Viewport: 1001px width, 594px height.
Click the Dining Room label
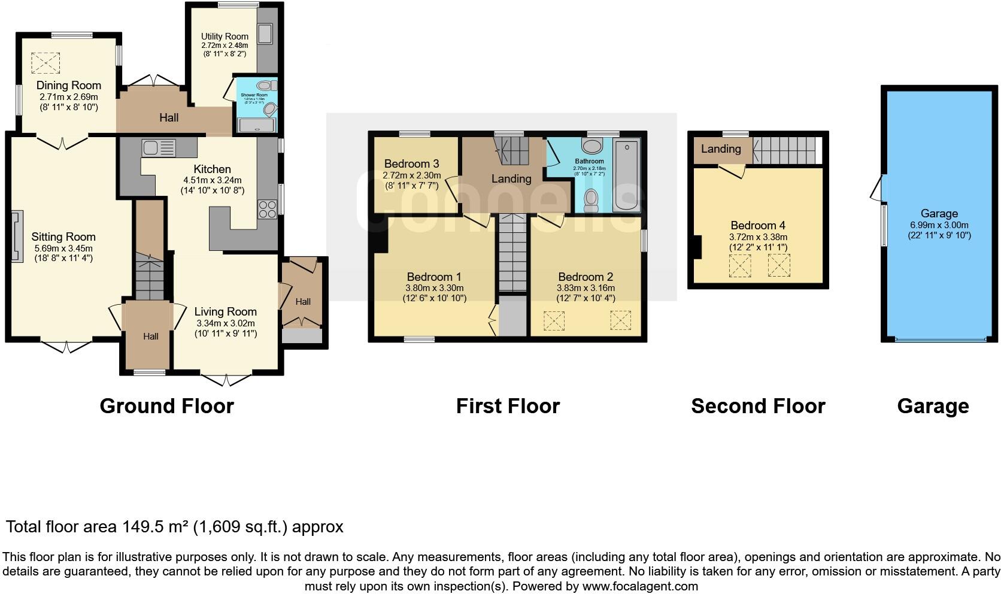click(x=69, y=85)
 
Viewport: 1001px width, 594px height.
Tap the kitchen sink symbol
click(x=158, y=147)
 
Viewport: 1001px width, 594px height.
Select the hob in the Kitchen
click(x=267, y=209)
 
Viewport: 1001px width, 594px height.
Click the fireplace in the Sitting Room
click(x=16, y=236)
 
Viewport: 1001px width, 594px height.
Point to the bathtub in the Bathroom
click(x=626, y=174)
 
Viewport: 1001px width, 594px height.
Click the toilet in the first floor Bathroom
click(x=591, y=199)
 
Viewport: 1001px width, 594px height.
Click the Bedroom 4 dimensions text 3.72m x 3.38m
click(x=758, y=237)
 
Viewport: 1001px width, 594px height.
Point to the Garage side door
click(x=878, y=188)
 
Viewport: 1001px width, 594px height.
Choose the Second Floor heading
click(x=758, y=406)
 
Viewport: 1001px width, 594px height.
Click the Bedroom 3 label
click(x=411, y=163)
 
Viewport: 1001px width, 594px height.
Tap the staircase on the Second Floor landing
click(x=785, y=150)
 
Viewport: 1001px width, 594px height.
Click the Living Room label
click(x=225, y=311)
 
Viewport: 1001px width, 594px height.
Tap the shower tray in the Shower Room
click(x=257, y=125)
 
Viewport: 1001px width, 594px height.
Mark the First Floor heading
click(x=508, y=406)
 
